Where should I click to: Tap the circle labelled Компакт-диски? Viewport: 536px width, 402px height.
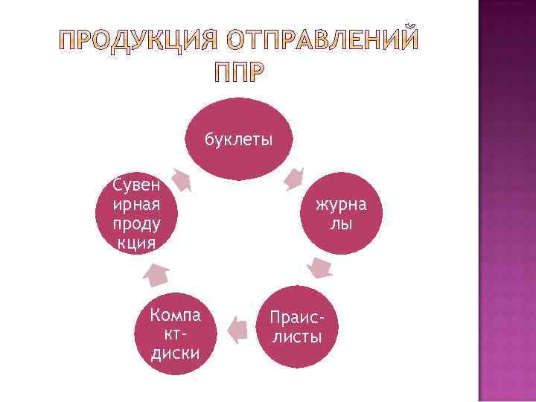[x=175, y=331]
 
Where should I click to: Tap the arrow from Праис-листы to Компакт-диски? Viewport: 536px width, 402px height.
[x=237, y=328]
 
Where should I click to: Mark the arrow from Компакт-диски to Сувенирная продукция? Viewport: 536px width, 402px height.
[x=156, y=275]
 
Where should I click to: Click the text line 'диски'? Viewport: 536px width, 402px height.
[x=175, y=352]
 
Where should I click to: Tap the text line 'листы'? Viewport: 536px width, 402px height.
[x=297, y=337]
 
